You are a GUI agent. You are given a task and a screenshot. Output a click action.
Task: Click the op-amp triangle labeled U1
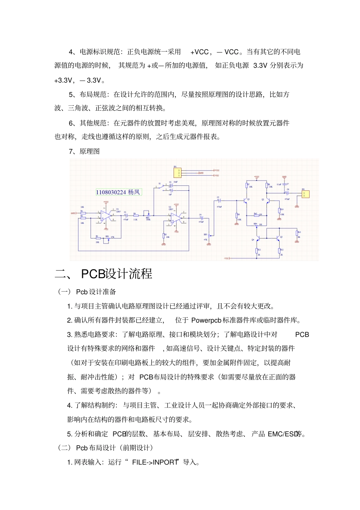coord(106,216)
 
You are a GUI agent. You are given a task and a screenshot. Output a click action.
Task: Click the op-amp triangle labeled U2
coord(176,218)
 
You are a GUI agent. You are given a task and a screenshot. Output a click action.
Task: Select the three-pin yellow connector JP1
coord(177,173)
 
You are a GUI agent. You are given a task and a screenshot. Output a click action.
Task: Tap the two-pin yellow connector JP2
coord(305,194)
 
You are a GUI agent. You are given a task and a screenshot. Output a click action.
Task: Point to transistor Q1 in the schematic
coord(245,201)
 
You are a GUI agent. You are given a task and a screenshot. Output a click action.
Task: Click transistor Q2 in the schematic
coord(267,201)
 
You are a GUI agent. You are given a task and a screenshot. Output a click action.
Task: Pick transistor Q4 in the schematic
coord(257,239)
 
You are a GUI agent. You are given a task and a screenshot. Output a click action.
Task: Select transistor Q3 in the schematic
coord(279,238)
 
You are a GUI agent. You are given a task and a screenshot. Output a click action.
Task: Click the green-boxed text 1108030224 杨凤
coord(118,192)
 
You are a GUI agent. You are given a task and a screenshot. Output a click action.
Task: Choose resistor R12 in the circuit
coord(279,251)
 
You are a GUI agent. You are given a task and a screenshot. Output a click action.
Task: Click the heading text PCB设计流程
coord(117,274)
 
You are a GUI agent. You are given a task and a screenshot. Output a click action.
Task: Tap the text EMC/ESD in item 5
coord(282,434)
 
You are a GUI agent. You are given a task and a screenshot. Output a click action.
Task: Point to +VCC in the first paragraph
coord(199,52)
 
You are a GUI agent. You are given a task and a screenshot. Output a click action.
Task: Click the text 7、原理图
coord(84,151)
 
